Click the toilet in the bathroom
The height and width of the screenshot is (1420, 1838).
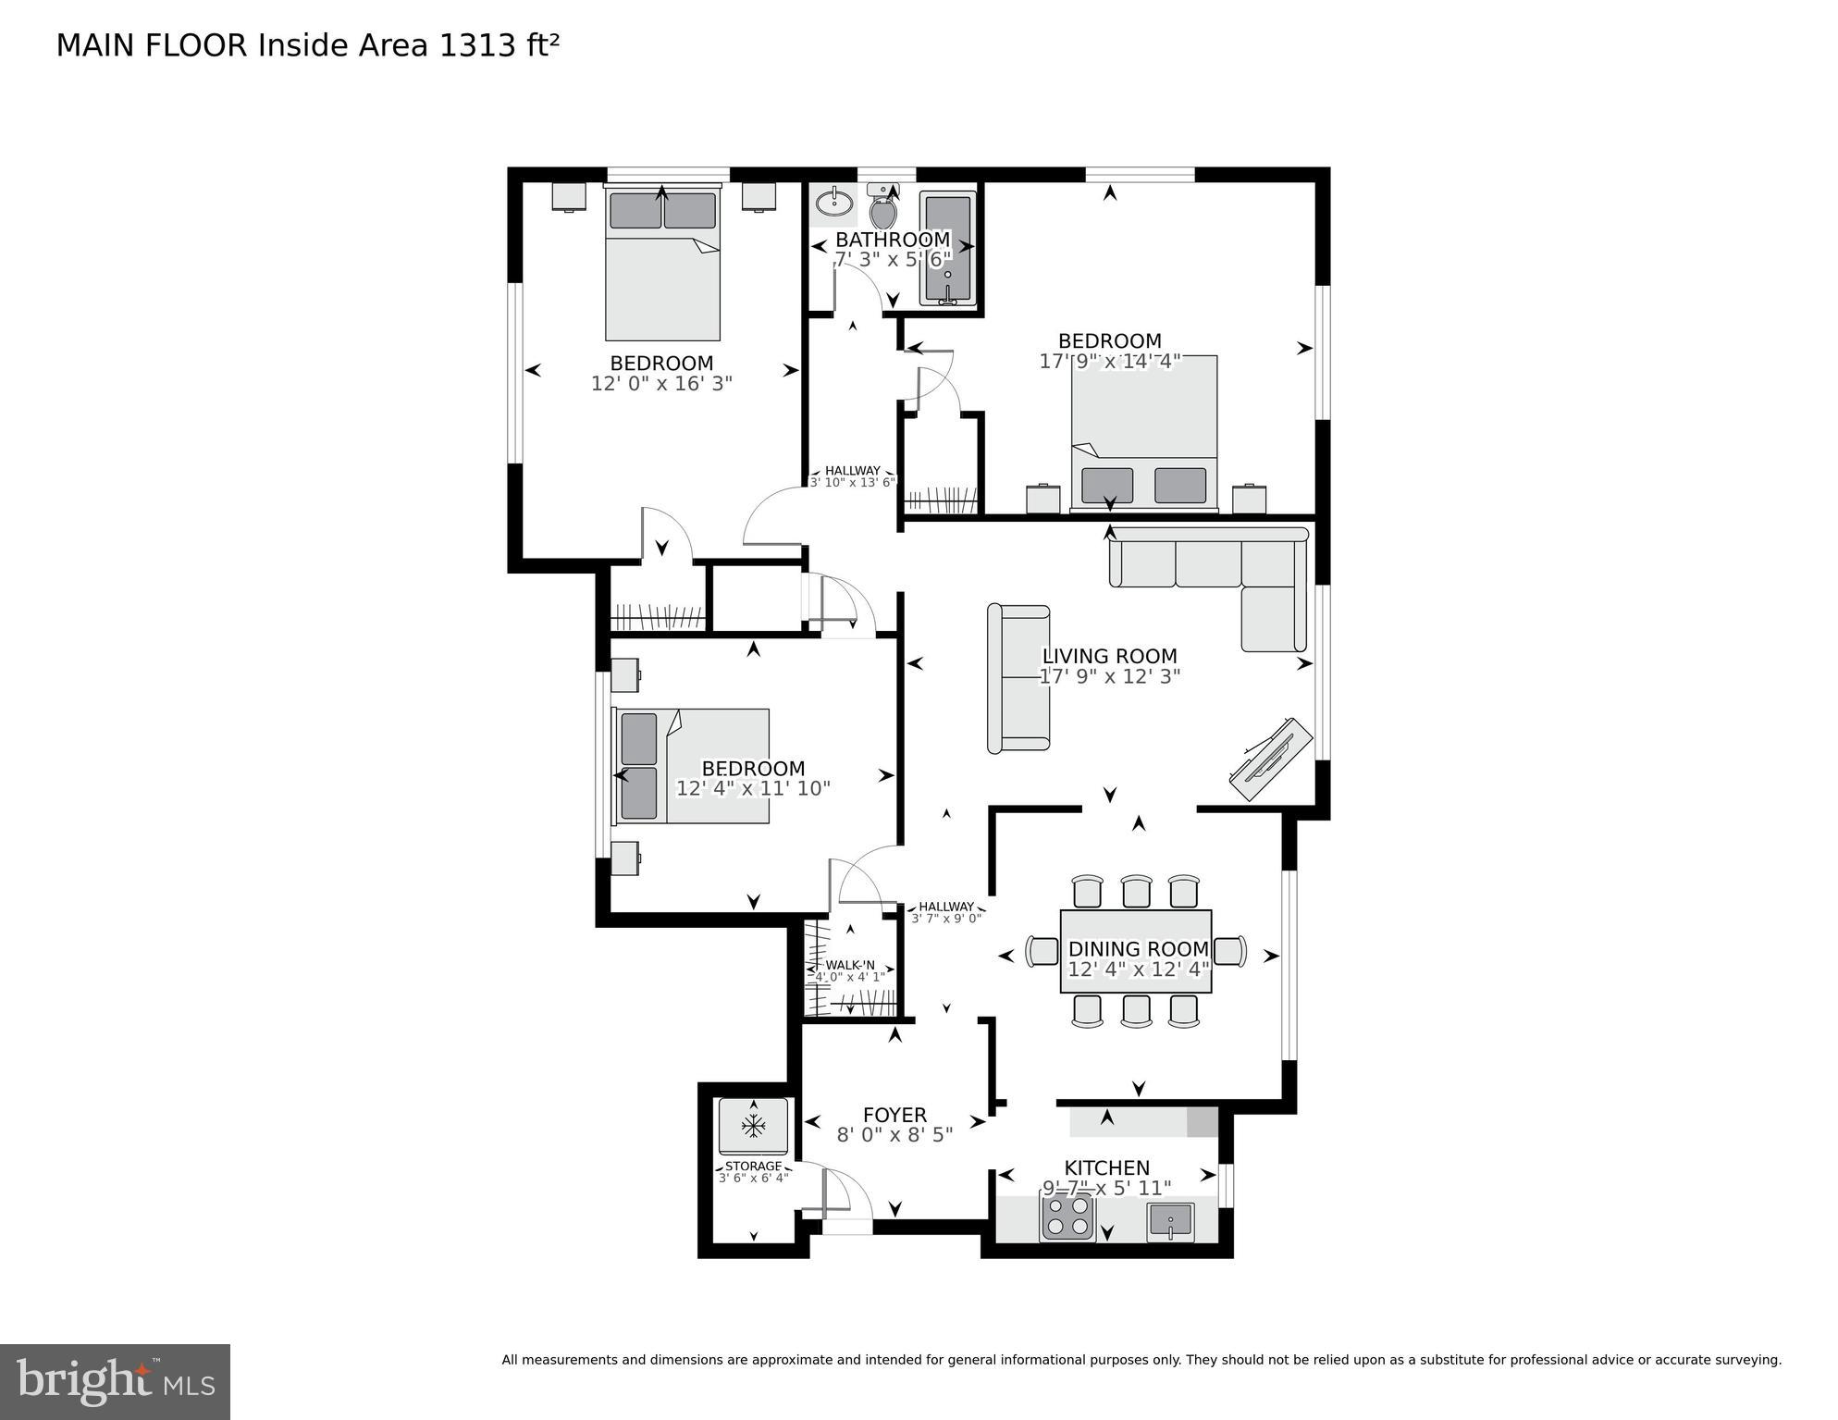pos(883,211)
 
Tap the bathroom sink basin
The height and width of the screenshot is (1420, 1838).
pos(835,202)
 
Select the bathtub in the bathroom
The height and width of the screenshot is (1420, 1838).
pos(947,248)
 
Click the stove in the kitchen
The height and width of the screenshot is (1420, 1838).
pos(1067,1218)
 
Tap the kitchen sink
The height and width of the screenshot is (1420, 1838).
pos(1170,1222)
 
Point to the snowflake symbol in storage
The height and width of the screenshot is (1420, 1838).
pos(754,1126)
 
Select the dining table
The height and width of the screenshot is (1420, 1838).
pos(1136,951)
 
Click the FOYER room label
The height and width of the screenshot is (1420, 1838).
pos(894,1115)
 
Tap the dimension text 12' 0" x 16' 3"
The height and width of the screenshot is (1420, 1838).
pos(661,383)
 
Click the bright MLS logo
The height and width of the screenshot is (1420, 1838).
pos(115,1381)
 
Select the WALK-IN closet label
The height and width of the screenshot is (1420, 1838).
pos(849,965)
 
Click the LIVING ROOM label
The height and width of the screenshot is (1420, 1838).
pos(1109,656)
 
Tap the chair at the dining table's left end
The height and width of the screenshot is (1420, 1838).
pos(1043,951)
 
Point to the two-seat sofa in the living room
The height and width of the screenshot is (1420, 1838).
pos(1019,678)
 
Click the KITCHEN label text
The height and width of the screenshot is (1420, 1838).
pos(1106,1167)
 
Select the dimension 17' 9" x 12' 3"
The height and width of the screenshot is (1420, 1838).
pos(1109,676)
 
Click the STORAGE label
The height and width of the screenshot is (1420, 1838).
pos(753,1166)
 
